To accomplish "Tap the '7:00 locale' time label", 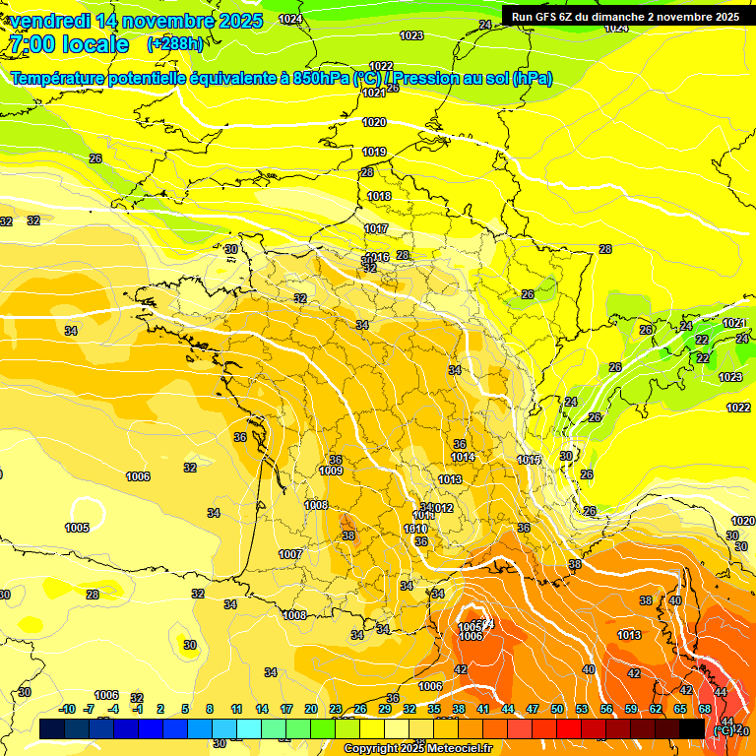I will click(69, 44).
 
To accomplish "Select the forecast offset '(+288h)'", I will click(175, 44).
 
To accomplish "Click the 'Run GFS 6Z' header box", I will click(625, 16).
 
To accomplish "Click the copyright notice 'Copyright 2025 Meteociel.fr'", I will click(417, 748).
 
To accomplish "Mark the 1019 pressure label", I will click(374, 152).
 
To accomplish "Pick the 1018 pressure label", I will click(379, 196).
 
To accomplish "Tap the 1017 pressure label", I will click(376, 228).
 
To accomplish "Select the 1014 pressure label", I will click(463, 457).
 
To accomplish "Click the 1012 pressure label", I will click(442, 508).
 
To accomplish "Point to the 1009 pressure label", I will click(331, 471).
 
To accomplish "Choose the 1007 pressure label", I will click(289, 554).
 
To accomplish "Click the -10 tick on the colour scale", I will click(67, 709).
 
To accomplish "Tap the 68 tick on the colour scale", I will click(706, 709).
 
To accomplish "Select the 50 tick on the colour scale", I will click(557, 709).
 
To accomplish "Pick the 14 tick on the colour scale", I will click(262, 709).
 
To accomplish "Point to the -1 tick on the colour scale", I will click(139, 709).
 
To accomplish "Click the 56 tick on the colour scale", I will click(606, 709).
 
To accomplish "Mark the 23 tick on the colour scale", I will click(336, 709).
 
